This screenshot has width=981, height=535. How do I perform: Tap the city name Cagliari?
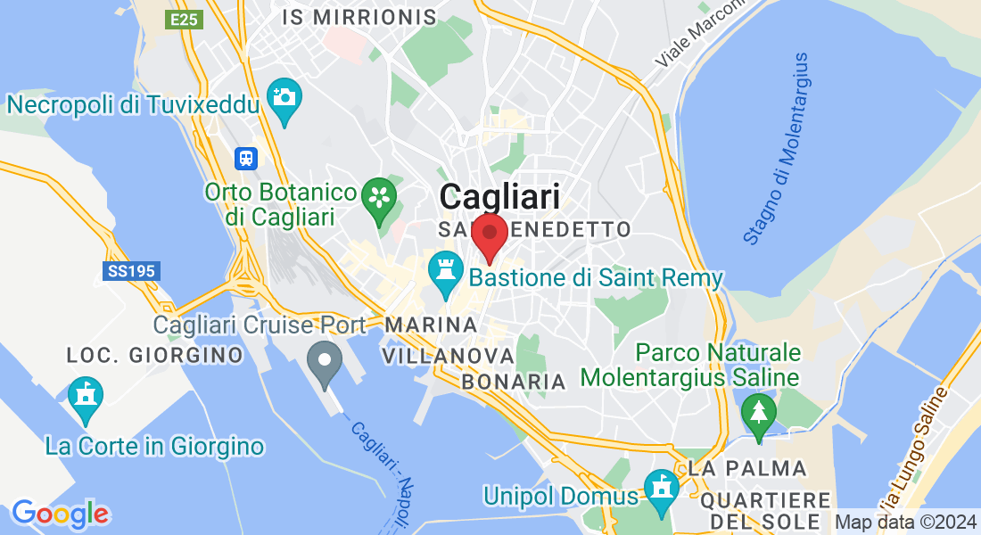coord(499,197)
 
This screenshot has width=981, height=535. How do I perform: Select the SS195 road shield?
coord(131,271)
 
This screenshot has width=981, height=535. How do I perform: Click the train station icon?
coord(245,159)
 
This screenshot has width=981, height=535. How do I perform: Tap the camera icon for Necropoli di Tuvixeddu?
coord(284,95)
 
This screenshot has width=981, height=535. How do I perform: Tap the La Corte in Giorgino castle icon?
coord(86,395)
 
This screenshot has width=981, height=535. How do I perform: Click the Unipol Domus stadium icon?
coord(661,489)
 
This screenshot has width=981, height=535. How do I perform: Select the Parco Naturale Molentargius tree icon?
coord(758,413)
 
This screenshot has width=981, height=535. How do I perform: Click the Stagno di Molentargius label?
coord(778,148)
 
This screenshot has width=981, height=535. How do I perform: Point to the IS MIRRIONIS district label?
coord(359,17)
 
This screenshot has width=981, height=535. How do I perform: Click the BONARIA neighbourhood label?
coord(514,382)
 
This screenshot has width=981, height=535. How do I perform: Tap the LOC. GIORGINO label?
coord(155,356)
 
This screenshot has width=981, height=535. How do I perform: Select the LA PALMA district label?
coord(747,468)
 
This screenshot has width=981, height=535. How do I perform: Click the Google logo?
coord(60,514)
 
